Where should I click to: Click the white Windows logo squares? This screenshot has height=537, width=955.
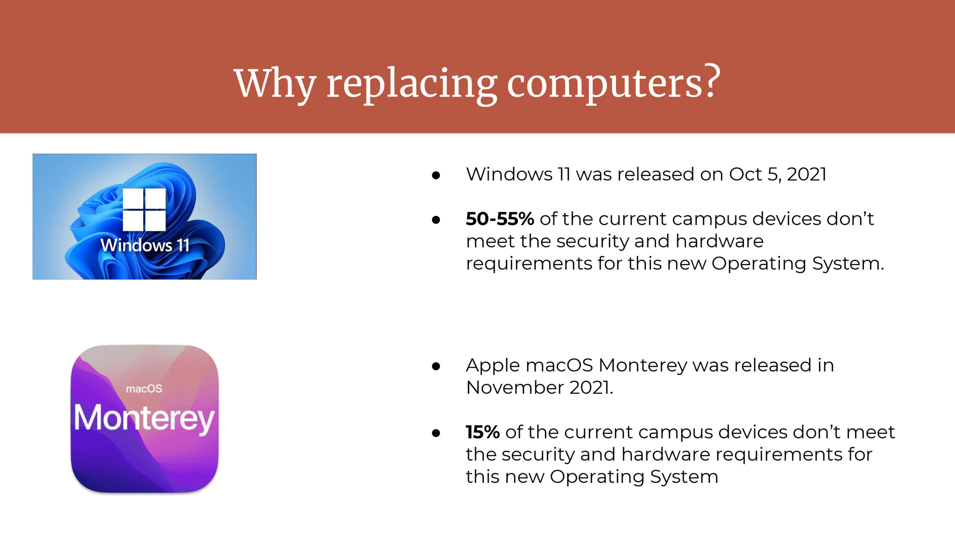click(x=144, y=209)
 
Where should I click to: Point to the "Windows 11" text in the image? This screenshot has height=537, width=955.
click(x=145, y=245)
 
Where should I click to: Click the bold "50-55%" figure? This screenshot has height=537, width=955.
click(x=500, y=219)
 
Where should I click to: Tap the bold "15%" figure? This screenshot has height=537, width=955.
click(x=482, y=432)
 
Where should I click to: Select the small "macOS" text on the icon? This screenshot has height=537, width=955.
click(x=144, y=389)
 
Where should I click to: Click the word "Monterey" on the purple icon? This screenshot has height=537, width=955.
click(x=144, y=419)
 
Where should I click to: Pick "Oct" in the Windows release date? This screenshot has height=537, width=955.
click(x=745, y=175)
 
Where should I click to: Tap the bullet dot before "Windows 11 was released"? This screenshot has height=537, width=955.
click(x=436, y=175)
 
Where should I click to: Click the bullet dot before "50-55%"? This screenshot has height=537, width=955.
click(x=436, y=220)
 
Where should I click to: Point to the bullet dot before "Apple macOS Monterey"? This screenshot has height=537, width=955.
click(x=436, y=366)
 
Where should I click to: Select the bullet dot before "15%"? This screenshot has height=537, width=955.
click(x=436, y=433)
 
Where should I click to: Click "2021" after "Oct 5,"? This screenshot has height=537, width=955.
click(x=807, y=175)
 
